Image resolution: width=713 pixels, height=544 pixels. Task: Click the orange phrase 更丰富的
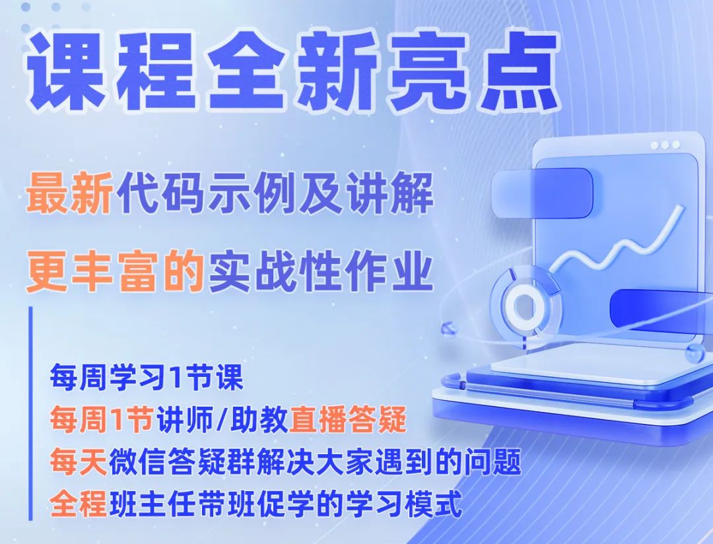[x=115, y=271]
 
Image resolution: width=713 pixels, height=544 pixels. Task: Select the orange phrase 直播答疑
[x=348, y=419]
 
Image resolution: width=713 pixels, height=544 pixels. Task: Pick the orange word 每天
[x=78, y=461]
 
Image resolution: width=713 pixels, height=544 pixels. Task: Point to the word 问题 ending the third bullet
[x=492, y=461]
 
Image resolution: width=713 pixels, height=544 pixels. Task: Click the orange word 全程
[x=78, y=503]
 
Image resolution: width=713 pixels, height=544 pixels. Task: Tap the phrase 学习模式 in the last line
[x=404, y=503]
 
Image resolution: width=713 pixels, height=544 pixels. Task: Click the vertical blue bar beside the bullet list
[x=30, y=413]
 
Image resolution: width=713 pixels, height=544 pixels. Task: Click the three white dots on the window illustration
[x=665, y=145]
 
